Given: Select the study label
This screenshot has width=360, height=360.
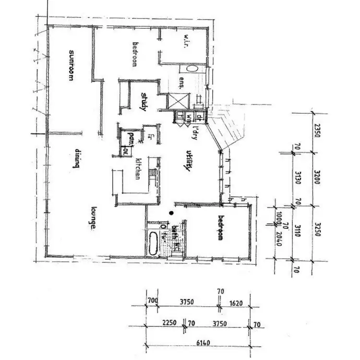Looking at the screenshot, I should coord(143,102).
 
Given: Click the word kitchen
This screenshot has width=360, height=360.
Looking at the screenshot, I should coord(138,168).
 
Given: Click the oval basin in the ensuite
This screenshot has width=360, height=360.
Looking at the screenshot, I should coord(191,68).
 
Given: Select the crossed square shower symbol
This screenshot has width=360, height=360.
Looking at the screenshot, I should coord(173,101).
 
